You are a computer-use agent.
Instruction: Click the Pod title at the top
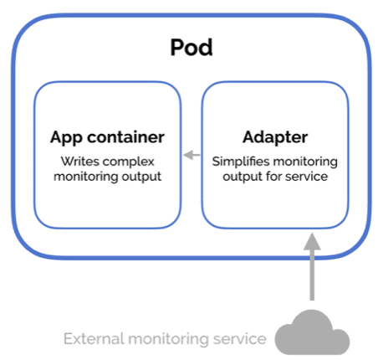coord(191,46)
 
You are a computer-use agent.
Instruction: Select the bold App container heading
coord(107,136)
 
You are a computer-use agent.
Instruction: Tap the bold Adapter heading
coord(274,136)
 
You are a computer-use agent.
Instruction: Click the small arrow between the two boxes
coord(191,154)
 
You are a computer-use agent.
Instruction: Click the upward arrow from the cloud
coord(312,268)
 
